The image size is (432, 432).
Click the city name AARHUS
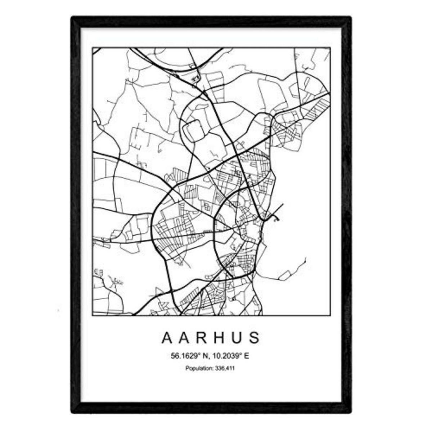[211, 338]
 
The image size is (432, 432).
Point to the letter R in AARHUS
[203, 338]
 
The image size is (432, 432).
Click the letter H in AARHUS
[220, 338]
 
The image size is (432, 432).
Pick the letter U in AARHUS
[237, 338]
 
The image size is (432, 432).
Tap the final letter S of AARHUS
[255, 338]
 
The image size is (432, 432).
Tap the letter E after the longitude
[247, 356]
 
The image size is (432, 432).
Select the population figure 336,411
[225, 368]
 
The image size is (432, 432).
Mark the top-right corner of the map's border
[330, 48]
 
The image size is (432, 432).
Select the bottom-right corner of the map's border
[330, 315]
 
